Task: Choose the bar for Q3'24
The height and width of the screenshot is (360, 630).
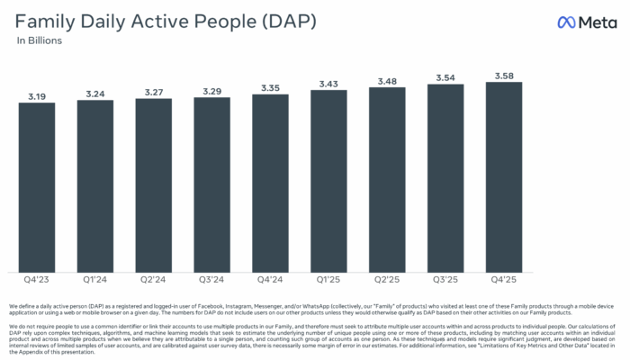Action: pyautogui.click(x=212, y=184)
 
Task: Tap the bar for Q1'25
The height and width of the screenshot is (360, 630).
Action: pyautogui.click(x=328, y=181)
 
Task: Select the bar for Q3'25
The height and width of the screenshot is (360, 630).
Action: pyautogui.click(x=445, y=177)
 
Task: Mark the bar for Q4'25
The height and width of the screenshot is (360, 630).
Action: pyautogui.click(x=504, y=176)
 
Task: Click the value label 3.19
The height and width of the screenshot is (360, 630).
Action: pyautogui.click(x=37, y=94)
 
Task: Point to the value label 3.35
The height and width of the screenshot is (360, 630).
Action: pyautogui.click(x=271, y=87)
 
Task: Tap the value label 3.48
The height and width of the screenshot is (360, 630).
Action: pyautogui.click(x=387, y=81)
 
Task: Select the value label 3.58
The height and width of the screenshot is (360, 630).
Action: pyautogui.click(x=504, y=76)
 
